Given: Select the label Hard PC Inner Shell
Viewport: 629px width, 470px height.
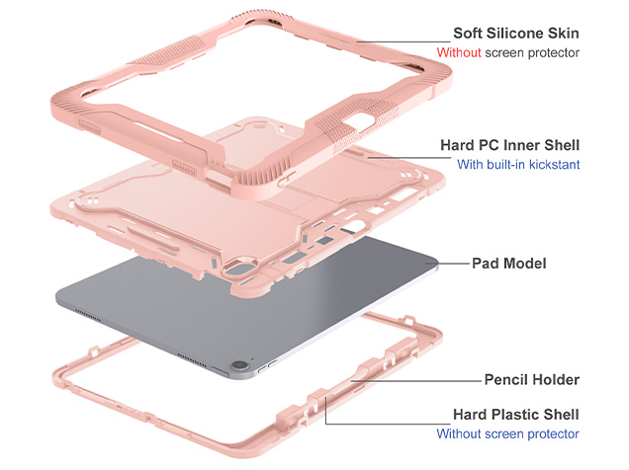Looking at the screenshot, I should click(x=509, y=145).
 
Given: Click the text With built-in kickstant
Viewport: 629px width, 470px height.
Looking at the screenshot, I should click(x=517, y=165).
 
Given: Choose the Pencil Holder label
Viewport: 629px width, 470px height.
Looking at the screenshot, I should click(x=530, y=379).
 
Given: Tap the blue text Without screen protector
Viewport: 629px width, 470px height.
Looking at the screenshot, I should click(x=507, y=433).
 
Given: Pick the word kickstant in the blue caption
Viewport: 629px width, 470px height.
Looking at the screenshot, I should click(x=553, y=165).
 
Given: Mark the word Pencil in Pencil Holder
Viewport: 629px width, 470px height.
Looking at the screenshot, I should click(x=505, y=379).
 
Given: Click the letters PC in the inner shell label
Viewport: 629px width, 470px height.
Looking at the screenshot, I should click(x=488, y=145).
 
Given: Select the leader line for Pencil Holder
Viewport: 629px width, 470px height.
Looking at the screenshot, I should click(x=415, y=379).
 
